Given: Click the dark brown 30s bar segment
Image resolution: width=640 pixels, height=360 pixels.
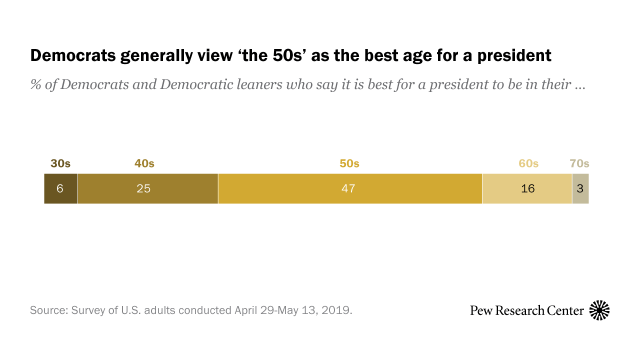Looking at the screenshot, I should click(60, 188).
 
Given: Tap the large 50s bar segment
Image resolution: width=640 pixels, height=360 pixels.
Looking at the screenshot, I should click(350, 188).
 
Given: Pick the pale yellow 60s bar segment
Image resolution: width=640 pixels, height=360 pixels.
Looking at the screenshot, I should click(527, 188).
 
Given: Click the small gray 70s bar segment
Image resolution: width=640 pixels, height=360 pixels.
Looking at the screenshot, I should click(580, 188).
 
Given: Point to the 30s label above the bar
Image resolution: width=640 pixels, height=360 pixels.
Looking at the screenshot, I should click(60, 163).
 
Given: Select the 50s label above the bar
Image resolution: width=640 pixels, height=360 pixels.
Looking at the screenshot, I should click(350, 163).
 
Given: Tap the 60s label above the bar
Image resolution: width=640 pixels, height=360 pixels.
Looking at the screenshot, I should click(528, 163).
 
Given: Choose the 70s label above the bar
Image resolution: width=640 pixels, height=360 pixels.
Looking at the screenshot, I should click(580, 163).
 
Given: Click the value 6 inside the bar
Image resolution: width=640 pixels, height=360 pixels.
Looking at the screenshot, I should click(60, 188).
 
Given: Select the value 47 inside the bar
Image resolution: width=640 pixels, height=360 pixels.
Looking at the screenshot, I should click(350, 188).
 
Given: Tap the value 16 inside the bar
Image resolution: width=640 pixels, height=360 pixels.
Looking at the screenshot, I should click(528, 188).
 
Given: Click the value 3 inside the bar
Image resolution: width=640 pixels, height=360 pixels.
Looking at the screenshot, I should click(580, 188).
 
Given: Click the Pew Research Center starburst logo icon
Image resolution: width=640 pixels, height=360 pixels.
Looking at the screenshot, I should click(601, 310).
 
